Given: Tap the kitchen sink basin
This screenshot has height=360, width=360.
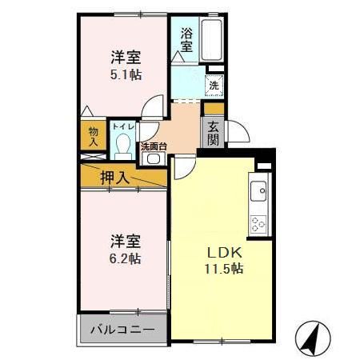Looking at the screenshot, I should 260,192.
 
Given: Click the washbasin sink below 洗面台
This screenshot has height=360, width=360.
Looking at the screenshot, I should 152,158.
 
